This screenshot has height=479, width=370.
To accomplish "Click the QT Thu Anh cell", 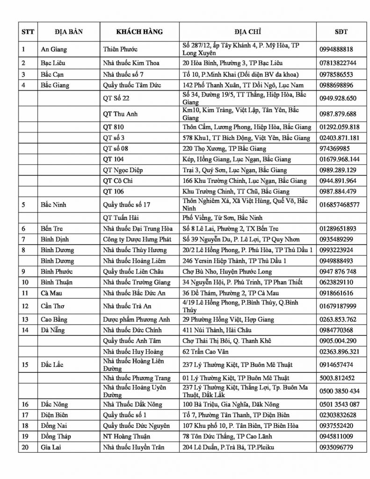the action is tap(117, 114).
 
